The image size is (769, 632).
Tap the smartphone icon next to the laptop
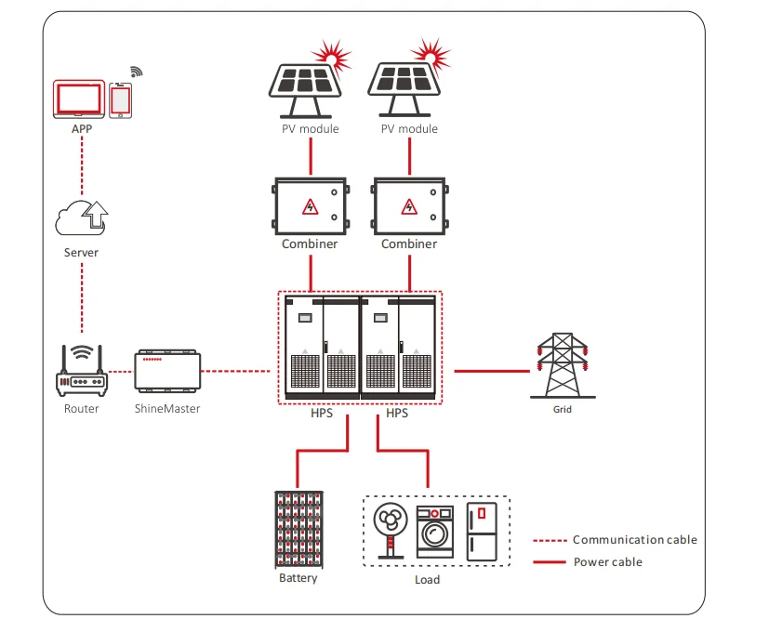[121, 99]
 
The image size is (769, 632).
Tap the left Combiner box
[310, 206]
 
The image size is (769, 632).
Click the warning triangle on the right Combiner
[408, 205]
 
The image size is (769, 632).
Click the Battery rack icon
[298, 529]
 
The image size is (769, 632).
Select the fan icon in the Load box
[389, 532]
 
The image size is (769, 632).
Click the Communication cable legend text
[634, 540]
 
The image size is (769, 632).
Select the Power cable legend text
[607, 562]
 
